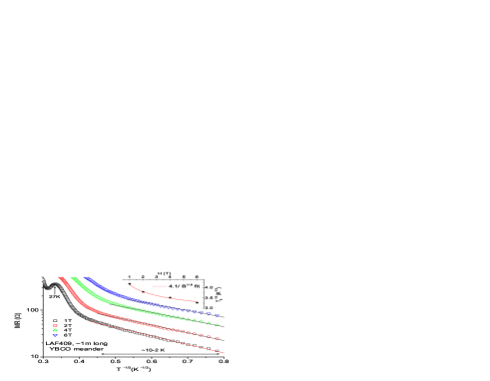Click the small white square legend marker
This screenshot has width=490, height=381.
point(55,321)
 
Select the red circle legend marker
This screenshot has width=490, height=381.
point(55,326)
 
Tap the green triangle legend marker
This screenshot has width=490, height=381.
point(55,330)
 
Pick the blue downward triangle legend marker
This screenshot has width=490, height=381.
point(55,335)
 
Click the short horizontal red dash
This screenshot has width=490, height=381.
point(159,286)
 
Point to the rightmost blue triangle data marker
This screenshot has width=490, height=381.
point(218,316)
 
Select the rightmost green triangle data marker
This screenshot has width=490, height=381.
point(218,325)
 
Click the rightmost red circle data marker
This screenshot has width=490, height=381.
point(217,337)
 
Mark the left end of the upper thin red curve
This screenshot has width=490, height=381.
point(131,285)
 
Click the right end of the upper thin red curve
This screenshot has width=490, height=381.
point(197,300)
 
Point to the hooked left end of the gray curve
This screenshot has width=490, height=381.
point(45,280)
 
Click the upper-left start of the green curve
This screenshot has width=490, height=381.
point(72,278)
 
